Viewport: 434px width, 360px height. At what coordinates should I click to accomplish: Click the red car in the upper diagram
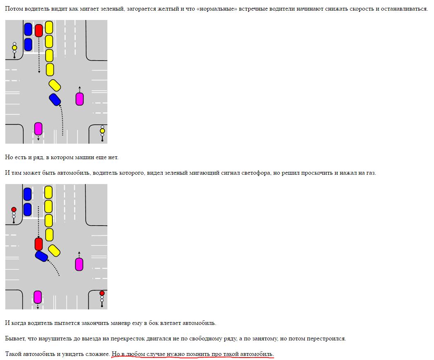click(39, 31)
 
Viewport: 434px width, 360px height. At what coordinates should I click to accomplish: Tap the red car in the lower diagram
click(39, 244)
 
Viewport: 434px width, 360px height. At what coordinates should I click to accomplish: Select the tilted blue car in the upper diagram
click(55, 100)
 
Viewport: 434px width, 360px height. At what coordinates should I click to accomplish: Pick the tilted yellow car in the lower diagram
click(54, 251)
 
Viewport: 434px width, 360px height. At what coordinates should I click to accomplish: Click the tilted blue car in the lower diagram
click(42, 256)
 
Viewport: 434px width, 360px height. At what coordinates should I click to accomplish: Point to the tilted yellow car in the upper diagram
click(55, 85)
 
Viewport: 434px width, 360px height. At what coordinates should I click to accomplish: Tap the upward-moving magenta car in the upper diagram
click(80, 99)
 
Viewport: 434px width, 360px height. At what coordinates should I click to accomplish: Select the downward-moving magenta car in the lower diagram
click(38, 297)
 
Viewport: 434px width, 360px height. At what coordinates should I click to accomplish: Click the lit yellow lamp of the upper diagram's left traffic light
click(14, 48)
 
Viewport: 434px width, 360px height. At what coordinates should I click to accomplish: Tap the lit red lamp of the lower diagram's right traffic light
click(102, 293)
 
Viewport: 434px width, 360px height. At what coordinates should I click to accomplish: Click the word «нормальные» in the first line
click(217, 9)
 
